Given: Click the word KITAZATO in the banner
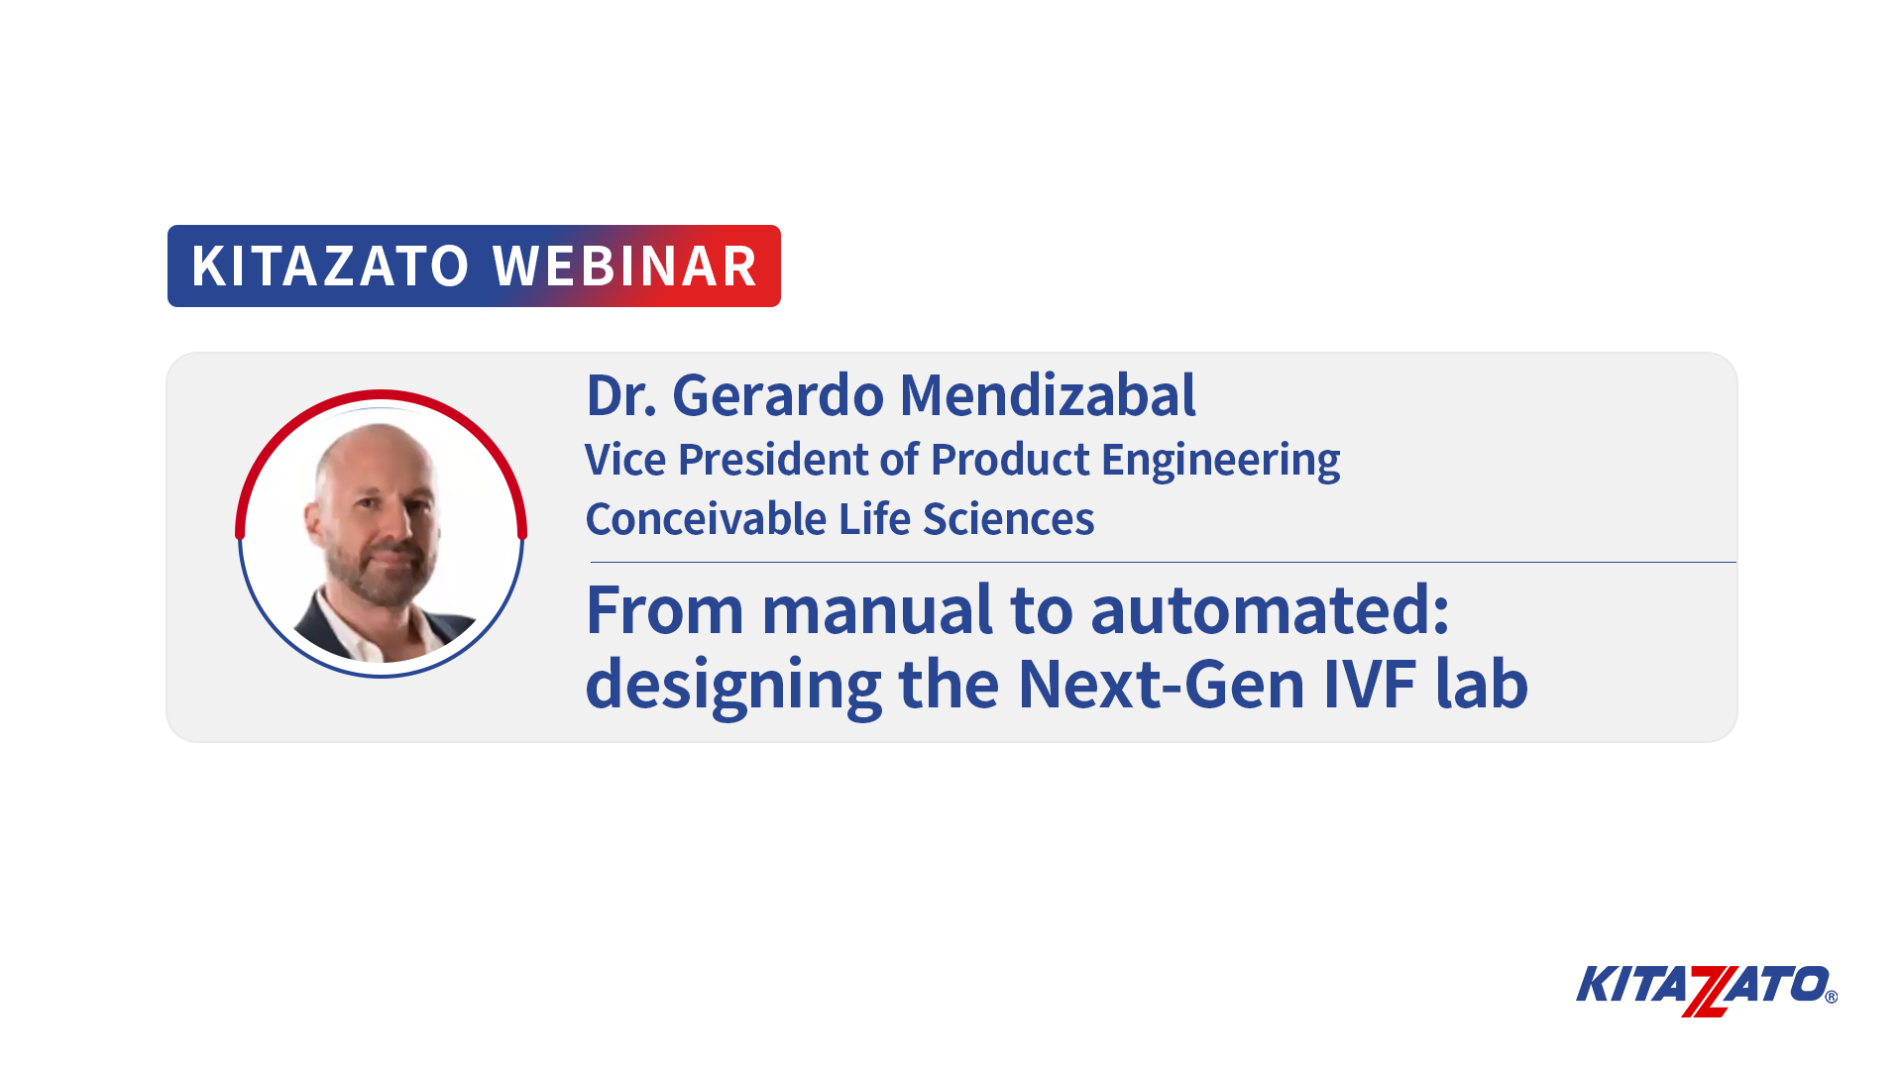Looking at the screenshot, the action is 330,266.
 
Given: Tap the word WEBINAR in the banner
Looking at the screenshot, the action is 625,266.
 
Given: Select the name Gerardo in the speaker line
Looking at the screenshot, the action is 778,395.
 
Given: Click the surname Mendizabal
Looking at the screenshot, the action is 1048,395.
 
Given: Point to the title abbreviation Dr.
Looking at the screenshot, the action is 621,395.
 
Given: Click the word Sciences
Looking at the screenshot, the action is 1008,519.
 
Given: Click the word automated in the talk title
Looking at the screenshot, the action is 1270,609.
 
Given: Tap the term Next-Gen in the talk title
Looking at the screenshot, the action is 1162,684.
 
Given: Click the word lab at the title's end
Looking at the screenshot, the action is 1482,684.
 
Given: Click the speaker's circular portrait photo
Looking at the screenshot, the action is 381,535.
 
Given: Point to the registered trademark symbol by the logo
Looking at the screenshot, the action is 1831,998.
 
